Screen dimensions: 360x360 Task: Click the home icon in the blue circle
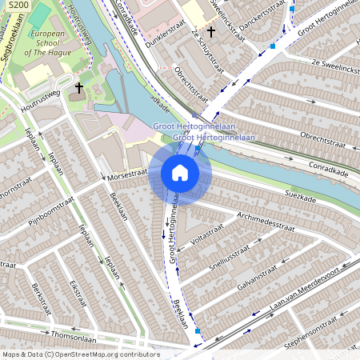[180, 173]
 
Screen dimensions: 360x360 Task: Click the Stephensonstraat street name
[318, 336]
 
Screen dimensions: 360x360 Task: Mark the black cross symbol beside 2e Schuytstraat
[211, 32]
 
